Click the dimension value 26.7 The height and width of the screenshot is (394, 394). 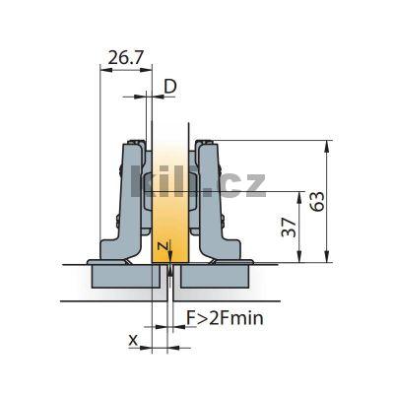pyautogui.click(x=124, y=58)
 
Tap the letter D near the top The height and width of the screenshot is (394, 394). pyautogui.click(x=169, y=87)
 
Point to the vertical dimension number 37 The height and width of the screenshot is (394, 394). pyautogui.click(x=287, y=228)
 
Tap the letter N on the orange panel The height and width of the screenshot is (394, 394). pyautogui.click(x=163, y=243)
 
